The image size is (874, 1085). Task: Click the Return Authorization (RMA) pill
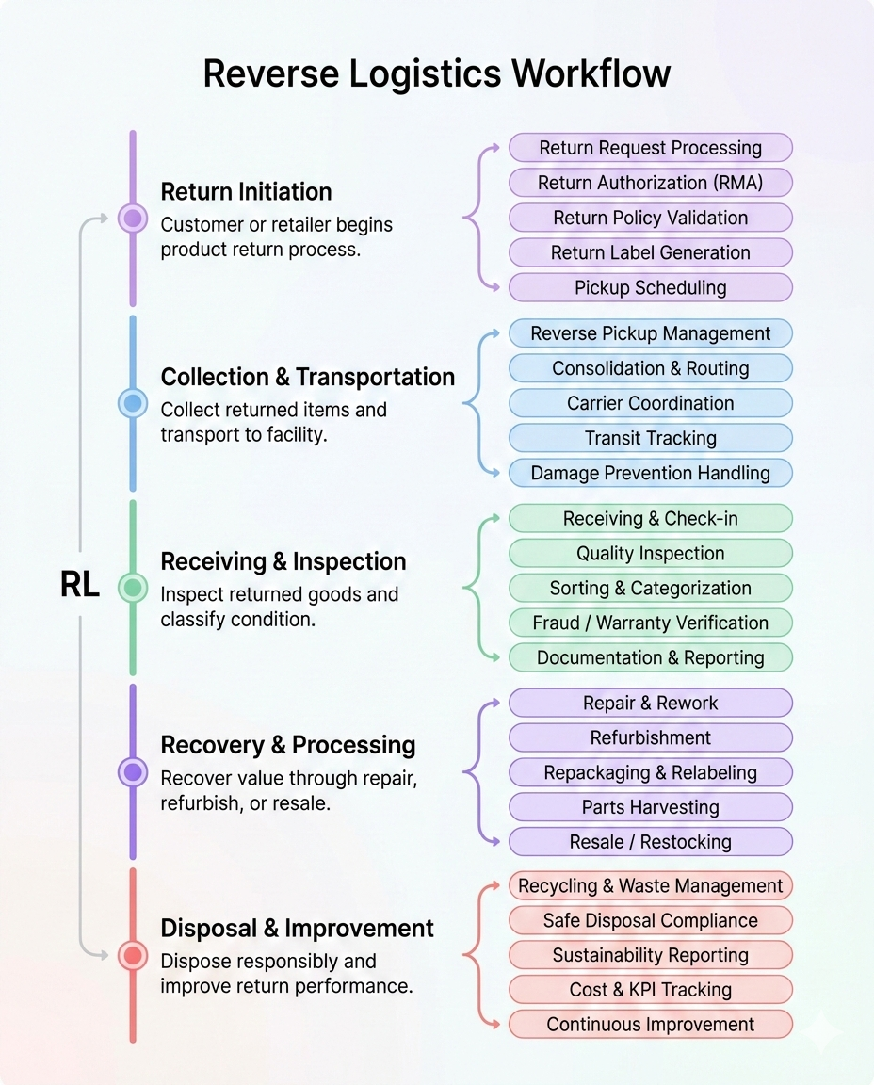point(650,183)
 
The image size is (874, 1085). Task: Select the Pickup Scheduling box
point(650,287)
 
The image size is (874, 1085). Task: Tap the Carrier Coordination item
point(650,403)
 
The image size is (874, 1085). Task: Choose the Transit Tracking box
point(650,438)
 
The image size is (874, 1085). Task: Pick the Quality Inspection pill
point(650,554)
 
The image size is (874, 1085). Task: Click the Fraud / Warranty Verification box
point(650,623)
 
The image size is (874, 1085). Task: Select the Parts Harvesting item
point(650,807)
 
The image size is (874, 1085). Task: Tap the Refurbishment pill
point(650,737)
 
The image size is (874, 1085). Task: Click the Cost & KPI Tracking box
point(650,990)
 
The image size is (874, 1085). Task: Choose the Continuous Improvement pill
point(650,1025)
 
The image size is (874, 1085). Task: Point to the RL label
point(80,586)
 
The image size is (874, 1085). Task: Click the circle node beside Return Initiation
point(133,219)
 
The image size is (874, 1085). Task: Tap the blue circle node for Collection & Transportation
point(133,404)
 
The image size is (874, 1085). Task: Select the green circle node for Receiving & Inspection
point(133,588)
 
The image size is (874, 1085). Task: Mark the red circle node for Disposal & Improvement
point(133,956)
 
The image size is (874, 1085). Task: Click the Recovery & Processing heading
point(287,745)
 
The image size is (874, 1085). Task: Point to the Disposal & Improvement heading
point(297,929)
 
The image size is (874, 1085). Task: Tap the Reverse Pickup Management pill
point(650,333)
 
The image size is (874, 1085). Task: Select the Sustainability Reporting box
point(650,955)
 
